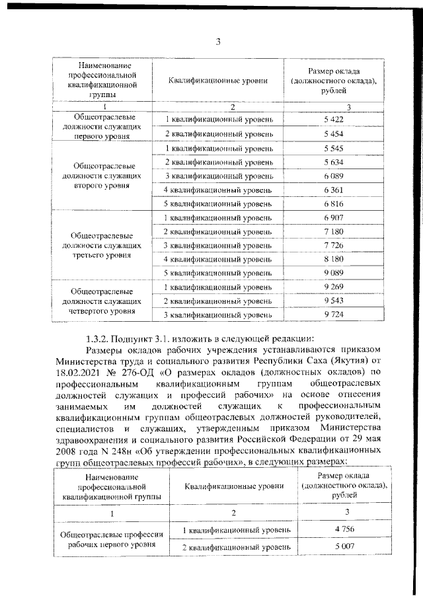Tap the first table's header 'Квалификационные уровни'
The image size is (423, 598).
pyautogui.click(x=217, y=81)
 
